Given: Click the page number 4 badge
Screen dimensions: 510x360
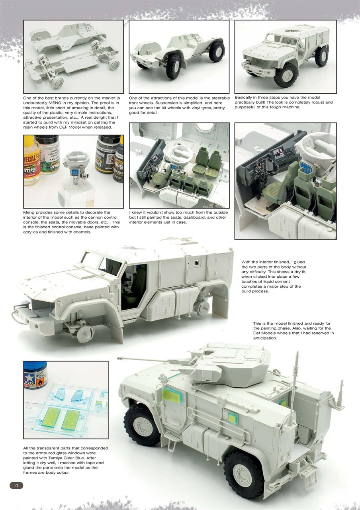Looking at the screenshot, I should coord(16,485).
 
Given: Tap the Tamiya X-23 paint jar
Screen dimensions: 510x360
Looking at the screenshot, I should coord(35,375).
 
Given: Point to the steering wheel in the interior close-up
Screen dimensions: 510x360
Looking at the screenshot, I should coord(268,164).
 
